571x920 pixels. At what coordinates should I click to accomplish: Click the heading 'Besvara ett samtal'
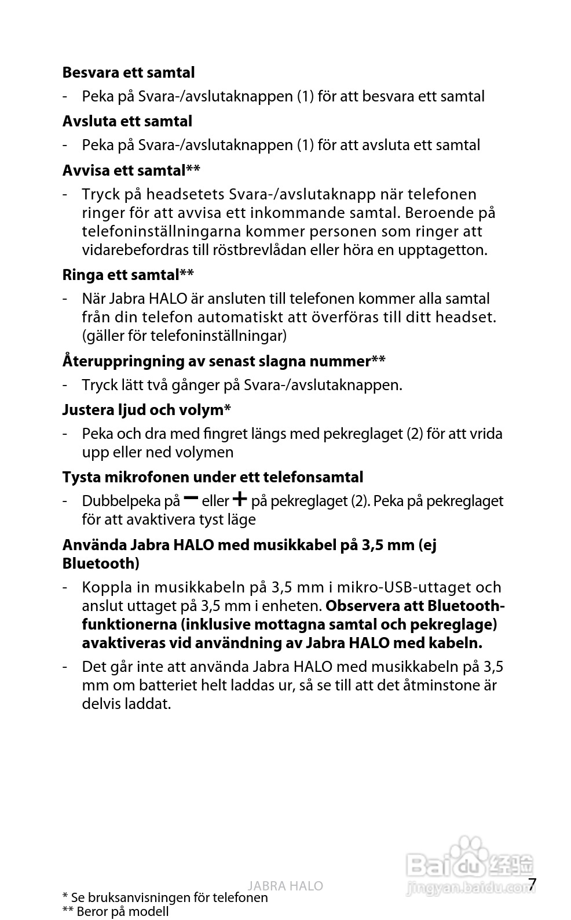(128, 72)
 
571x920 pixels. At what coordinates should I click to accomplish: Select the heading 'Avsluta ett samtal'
(127, 121)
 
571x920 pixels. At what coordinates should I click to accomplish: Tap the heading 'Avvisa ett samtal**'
(131, 170)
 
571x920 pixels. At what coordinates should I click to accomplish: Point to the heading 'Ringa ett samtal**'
(127, 274)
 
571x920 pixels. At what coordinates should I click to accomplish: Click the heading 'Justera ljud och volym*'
(147, 410)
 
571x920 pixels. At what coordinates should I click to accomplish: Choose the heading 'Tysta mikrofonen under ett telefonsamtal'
(213, 477)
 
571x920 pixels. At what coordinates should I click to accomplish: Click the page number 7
(532, 884)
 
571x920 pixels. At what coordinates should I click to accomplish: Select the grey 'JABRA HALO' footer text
(285, 886)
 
